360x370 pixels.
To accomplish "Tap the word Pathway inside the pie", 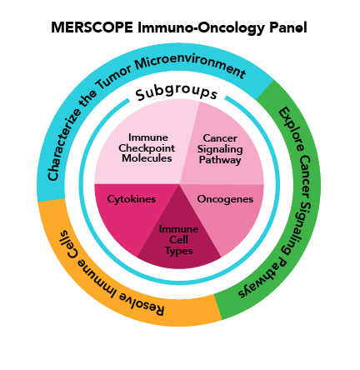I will [x=222, y=159].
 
